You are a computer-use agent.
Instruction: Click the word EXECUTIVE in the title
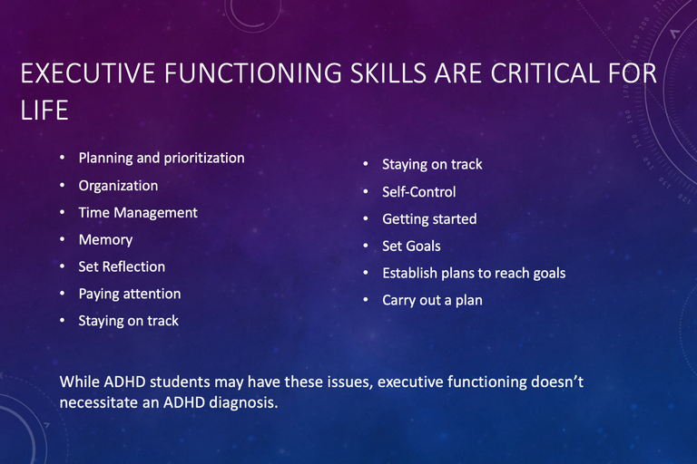click(x=88, y=72)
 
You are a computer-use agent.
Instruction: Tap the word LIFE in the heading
click(x=44, y=111)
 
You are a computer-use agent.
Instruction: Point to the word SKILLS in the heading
click(x=388, y=72)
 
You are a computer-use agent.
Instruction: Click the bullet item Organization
click(x=118, y=186)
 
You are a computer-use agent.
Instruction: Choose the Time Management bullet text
click(x=138, y=213)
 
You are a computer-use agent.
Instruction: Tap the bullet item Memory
click(x=105, y=240)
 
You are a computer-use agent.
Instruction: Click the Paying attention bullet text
click(x=130, y=294)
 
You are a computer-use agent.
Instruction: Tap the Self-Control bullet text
click(x=419, y=192)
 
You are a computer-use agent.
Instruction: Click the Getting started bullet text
click(x=429, y=219)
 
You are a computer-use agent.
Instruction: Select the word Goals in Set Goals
click(x=423, y=246)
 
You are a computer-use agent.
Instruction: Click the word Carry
click(x=398, y=301)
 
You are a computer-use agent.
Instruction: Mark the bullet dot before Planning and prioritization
click(x=63, y=158)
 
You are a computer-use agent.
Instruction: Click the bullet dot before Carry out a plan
click(x=366, y=300)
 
